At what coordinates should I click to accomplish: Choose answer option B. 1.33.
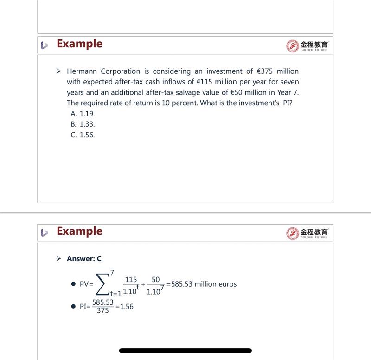(83, 124)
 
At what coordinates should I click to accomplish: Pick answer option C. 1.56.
(83, 135)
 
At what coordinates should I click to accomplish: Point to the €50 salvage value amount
(234, 92)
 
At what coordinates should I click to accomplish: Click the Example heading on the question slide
(79, 44)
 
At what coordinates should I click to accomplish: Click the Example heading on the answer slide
(79, 231)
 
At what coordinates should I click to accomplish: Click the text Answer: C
(84, 259)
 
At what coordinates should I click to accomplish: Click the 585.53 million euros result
(204, 284)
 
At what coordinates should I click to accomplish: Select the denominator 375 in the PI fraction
(102, 311)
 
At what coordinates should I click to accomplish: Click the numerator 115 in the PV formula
(131, 279)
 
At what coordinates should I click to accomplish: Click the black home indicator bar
(185, 351)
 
